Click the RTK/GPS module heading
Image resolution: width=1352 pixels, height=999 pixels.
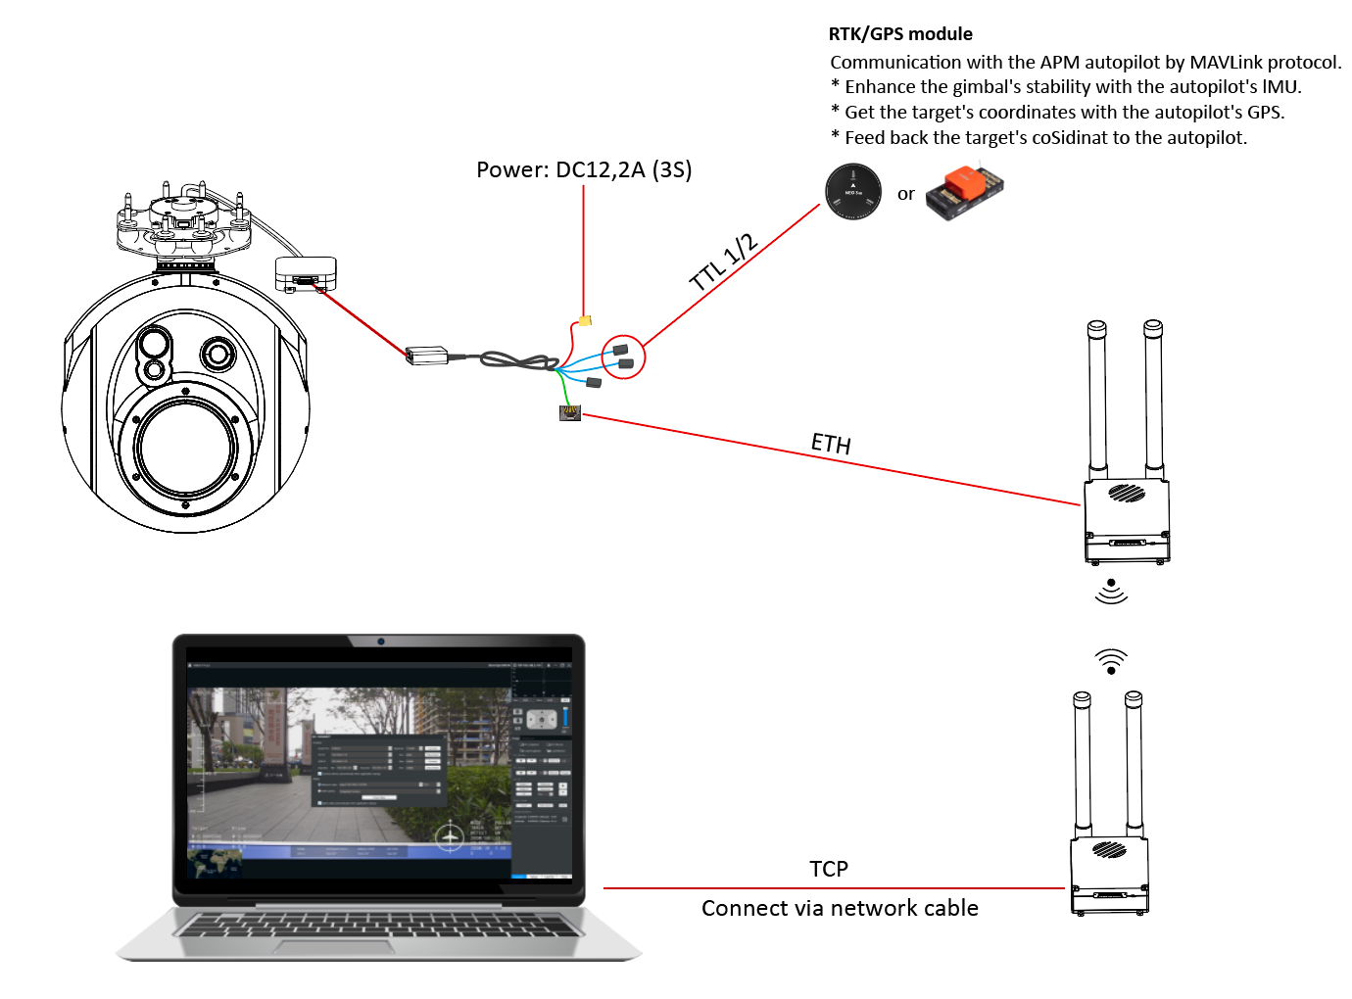click(900, 34)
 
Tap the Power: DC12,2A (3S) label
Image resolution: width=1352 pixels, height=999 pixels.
click(584, 169)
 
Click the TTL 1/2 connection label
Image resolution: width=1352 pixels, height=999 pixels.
click(724, 262)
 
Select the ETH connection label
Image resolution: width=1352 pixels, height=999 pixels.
click(831, 444)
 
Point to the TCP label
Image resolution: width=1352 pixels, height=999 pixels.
click(829, 869)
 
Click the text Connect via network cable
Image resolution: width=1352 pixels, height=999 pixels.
click(840, 908)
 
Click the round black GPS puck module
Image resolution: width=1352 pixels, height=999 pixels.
click(853, 191)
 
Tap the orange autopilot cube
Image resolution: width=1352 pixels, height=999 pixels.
click(965, 192)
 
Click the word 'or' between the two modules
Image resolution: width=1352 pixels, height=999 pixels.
click(906, 194)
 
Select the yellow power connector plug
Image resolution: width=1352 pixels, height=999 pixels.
click(585, 320)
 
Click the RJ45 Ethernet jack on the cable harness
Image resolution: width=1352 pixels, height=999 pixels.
click(570, 412)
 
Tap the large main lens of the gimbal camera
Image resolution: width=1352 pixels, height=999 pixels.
click(185, 450)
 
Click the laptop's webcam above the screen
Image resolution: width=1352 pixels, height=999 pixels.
click(381, 642)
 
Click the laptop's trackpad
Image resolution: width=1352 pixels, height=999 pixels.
click(379, 947)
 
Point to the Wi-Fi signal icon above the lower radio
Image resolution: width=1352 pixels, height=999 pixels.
click(1111, 662)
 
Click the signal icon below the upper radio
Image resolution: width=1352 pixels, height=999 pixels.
click(1111, 591)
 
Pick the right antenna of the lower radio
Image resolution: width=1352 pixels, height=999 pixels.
click(1134, 763)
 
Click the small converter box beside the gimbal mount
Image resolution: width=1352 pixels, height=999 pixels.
click(306, 273)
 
